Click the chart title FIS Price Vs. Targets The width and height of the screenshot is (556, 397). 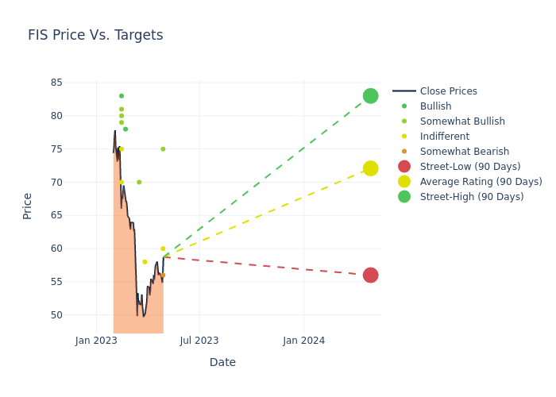(95, 35)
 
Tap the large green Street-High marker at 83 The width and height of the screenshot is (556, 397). (370, 96)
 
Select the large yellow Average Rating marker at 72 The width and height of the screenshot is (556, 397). (370, 168)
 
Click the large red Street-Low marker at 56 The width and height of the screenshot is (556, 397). (370, 276)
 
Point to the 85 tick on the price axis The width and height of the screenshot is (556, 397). (56, 83)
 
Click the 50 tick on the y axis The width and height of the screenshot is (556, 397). (56, 315)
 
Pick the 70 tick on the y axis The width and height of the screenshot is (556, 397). (56, 183)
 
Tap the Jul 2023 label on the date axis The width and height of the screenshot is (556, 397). (199, 341)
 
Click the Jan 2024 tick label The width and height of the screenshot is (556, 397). (303, 341)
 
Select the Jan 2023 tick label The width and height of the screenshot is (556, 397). (96, 341)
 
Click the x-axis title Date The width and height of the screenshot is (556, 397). (222, 362)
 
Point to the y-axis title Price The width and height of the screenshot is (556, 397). (28, 206)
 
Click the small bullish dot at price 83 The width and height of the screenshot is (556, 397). (122, 96)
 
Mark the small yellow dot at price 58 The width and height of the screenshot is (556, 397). (145, 262)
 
